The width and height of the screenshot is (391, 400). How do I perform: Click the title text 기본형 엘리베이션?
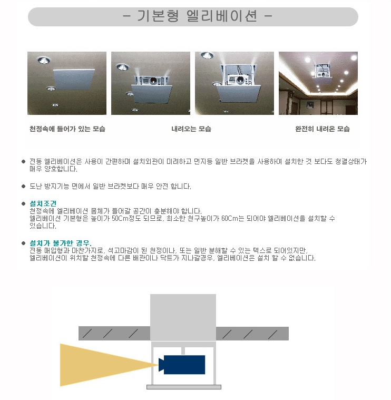pos(197,16)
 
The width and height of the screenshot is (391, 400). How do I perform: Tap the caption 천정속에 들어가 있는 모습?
pos(67,129)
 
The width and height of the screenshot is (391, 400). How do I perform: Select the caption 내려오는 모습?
pos(191,129)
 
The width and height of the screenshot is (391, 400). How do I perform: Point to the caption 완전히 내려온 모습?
pos(322,129)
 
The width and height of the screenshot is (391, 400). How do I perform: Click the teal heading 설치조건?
pos(43,203)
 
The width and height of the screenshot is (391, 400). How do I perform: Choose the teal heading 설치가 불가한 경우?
pos(61,243)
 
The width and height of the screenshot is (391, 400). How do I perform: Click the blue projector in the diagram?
pos(182,365)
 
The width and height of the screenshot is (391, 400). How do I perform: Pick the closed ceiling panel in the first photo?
pos(74,79)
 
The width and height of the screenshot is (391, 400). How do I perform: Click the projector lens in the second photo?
pos(153,81)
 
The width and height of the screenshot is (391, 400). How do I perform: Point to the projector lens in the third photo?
pos(240,80)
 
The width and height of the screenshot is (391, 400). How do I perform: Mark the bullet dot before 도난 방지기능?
pos(24,186)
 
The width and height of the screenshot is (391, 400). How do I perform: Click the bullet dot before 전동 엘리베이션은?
pos(24,161)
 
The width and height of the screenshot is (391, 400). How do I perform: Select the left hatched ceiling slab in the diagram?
pos(114,333)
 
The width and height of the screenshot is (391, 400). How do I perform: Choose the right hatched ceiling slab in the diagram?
pos(252,334)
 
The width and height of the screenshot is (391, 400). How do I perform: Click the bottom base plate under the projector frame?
pos(184,387)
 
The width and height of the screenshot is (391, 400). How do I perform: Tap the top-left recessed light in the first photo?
pos(43,60)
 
